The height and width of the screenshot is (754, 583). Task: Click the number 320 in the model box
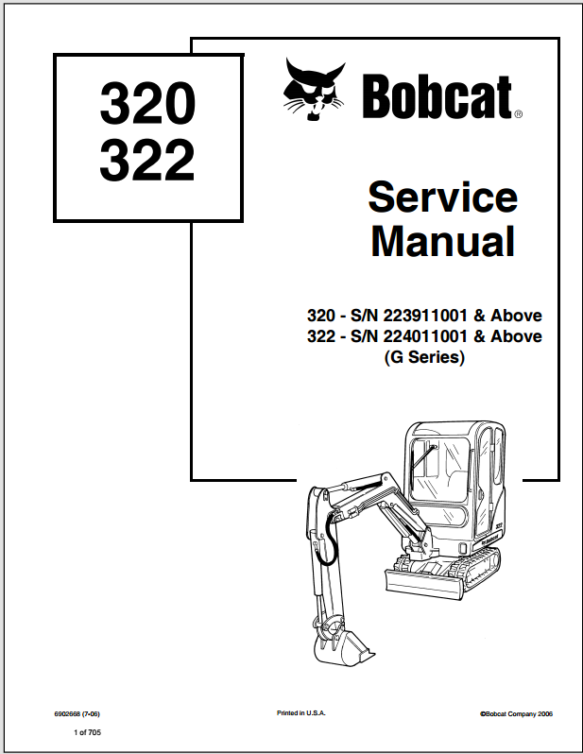pyautogui.click(x=147, y=102)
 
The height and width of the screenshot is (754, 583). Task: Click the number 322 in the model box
pyautogui.click(x=147, y=160)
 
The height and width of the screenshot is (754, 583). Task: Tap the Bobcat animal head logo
pyautogui.click(x=314, y=89)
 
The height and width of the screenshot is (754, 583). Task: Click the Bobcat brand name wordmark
pyautogui.click(x=437, y=96)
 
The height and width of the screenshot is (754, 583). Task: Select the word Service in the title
pyautogui.click(x=443, y=197)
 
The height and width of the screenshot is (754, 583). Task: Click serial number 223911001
pyautogui.click(x=425, y=316)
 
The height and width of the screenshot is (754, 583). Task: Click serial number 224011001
pyautogui.click(x=425, y=336)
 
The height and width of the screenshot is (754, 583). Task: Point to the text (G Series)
pyautogui.click(x=425, y=357)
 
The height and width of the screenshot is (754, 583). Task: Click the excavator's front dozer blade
pyautogui.click(x=424, y=583)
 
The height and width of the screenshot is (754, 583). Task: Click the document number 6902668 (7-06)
pyautogui.click(x=77, y=714)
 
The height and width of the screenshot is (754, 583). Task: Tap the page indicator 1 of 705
pyautogui.click(x=88, y=732)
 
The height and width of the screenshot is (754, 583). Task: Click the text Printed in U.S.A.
pyautogui.click(x=301, y=713)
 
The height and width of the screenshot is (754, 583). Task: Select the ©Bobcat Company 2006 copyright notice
pyautogui.click(x=516, y=714)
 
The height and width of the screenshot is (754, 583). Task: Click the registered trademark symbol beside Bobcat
pyautogui.click(x=518, y=114)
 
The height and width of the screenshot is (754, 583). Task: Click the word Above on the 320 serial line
pyautogui.click(x=516, y=316)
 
